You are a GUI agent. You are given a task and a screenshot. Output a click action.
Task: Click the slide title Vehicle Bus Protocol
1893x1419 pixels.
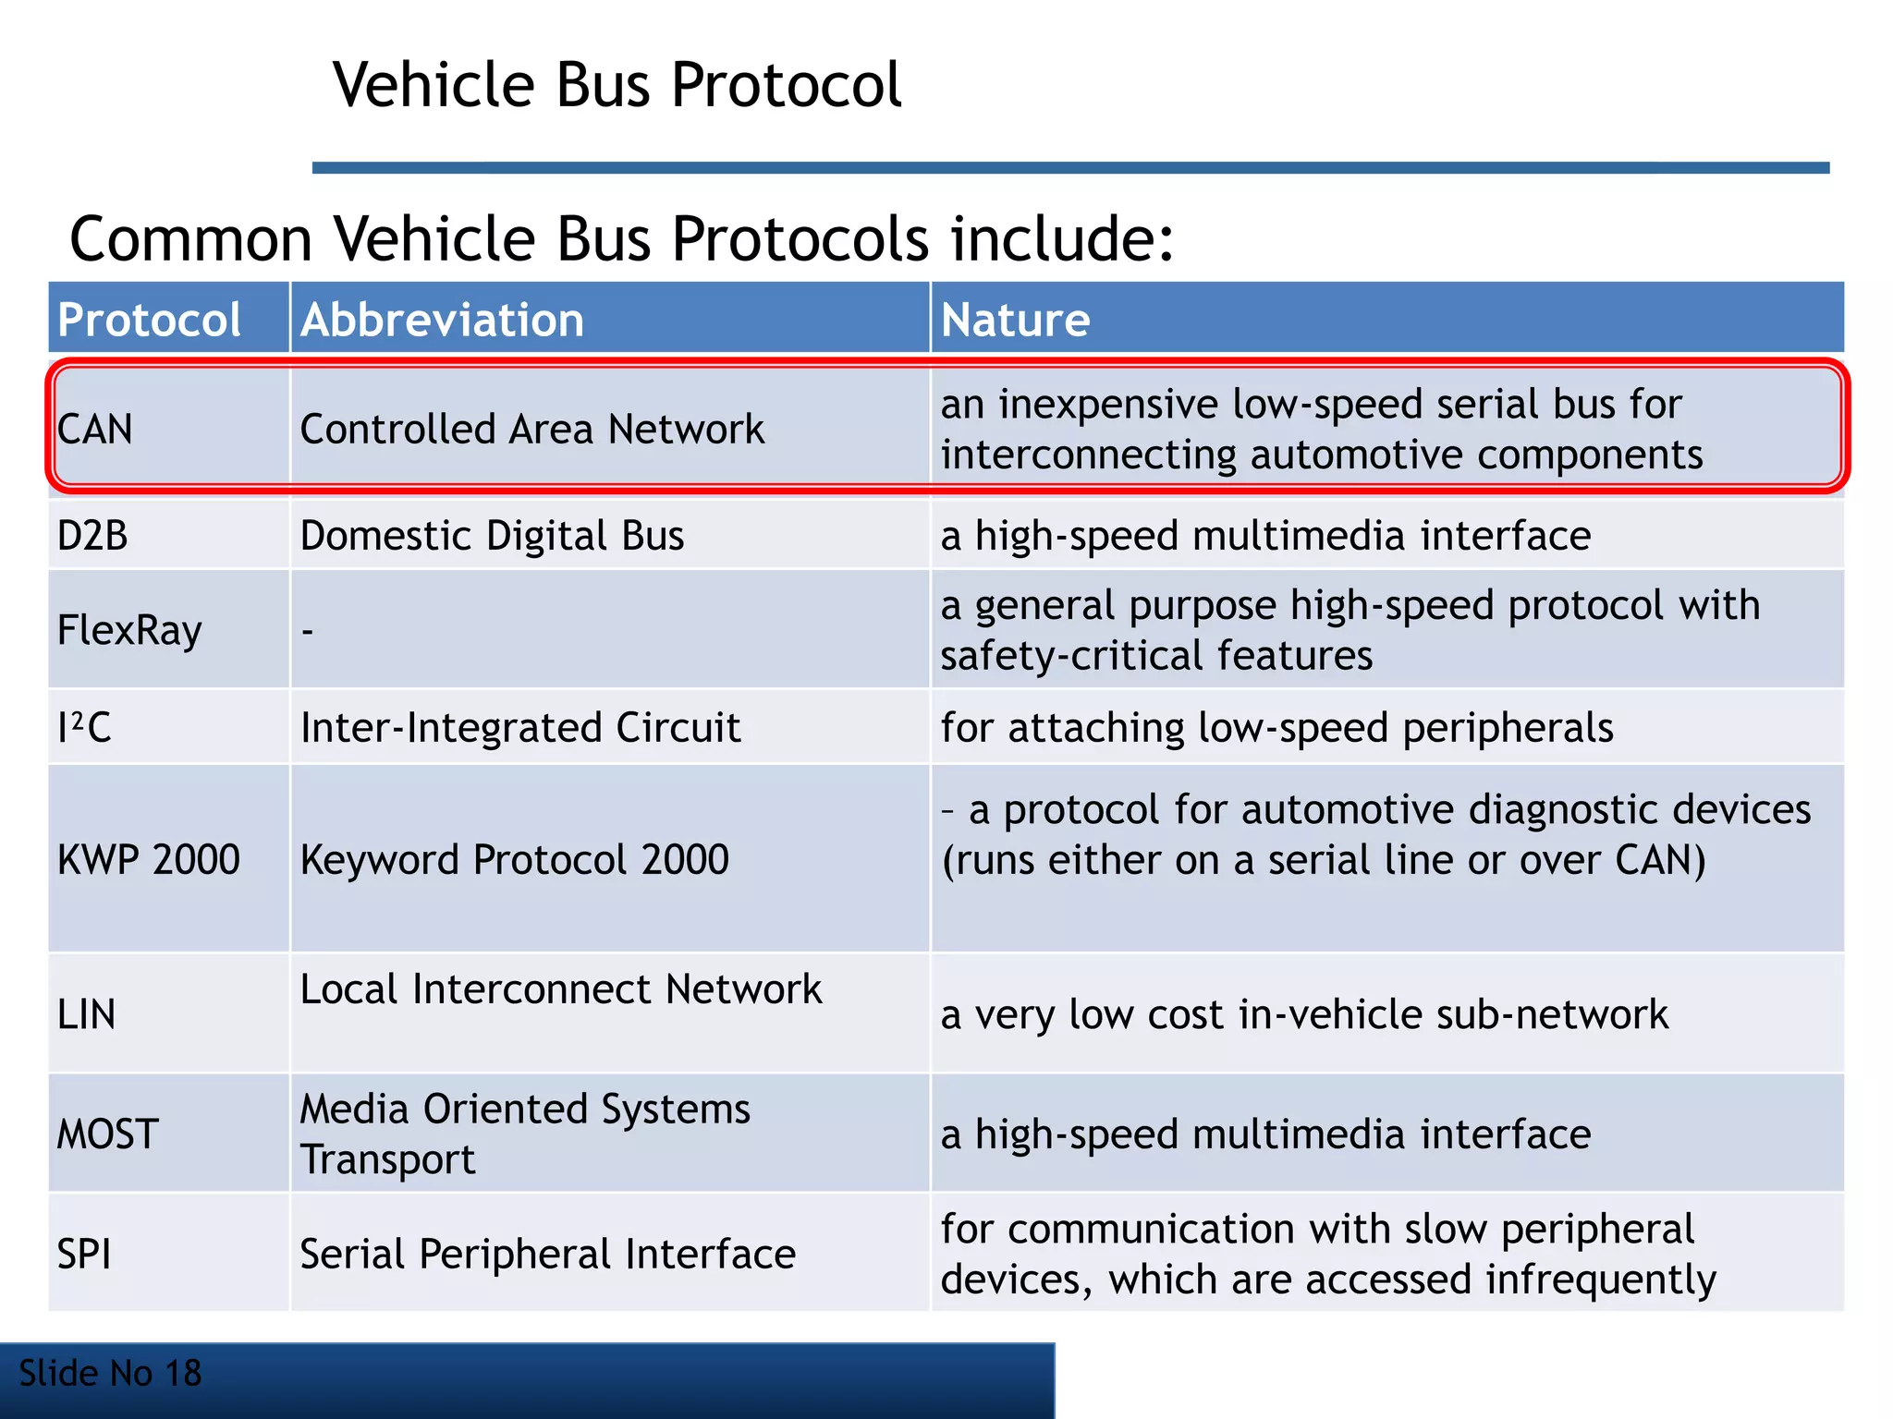point(617,85)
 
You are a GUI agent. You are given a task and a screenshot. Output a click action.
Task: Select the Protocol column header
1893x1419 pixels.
point(149,320)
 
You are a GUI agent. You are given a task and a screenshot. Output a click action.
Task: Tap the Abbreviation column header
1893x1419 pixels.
point(442,320)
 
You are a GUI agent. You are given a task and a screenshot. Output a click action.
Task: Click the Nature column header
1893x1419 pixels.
point(1015,320)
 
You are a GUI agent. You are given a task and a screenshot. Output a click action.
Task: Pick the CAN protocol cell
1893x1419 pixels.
point(95,429)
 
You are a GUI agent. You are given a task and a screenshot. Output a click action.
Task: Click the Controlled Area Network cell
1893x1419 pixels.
point(532,429)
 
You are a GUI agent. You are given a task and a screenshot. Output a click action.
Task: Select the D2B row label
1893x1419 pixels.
point(92,536)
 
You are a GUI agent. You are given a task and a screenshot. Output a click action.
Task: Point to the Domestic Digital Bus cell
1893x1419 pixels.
point(492,536)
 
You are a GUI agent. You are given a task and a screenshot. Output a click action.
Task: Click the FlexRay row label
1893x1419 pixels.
point(129,631)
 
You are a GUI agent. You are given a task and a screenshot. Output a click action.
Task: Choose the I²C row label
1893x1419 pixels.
point(84,728)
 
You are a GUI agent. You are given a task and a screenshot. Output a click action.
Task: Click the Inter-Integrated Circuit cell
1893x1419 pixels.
point(520,728)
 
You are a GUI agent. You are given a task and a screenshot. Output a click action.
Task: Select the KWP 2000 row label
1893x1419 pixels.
point(149,860)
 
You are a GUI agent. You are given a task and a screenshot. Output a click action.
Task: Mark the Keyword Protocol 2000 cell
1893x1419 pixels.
point(515,860)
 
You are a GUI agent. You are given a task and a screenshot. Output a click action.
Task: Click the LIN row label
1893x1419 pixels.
point(87,1014)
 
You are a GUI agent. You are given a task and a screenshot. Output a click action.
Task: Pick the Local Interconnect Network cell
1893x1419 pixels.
point(561,989)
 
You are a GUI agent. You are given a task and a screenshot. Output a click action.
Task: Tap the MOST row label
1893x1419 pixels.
point(108,1134)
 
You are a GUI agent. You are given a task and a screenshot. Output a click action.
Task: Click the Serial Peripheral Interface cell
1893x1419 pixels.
point(548,1255)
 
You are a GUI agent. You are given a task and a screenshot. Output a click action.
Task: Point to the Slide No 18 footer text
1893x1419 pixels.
point(110,1374)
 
